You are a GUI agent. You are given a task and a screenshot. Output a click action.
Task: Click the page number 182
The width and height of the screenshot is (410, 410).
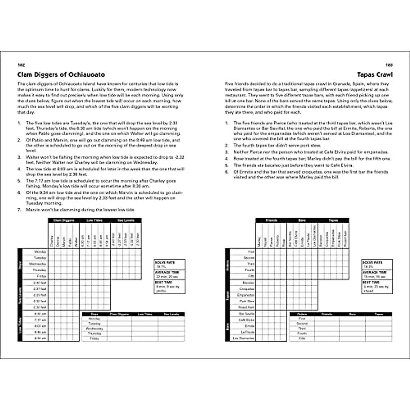[x=21, y=65]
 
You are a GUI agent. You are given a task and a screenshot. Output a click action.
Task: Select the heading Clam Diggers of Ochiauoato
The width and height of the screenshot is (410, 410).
[x=61, y=74]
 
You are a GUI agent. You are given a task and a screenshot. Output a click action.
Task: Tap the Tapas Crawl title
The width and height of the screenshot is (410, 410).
[x=375, y=74]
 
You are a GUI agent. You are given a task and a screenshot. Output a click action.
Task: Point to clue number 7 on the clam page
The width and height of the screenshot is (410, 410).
[x=19, y=210]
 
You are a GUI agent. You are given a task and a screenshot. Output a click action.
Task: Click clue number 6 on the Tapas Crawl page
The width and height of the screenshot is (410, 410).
[x=227, y=172]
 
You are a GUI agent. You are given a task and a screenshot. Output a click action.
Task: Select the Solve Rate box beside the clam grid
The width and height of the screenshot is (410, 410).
[x=170, y=264]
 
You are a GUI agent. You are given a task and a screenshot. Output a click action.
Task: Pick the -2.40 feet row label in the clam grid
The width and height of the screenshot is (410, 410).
[x=40, y=283]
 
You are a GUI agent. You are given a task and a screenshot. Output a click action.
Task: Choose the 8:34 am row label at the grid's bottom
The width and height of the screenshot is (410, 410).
[x=41, y=338]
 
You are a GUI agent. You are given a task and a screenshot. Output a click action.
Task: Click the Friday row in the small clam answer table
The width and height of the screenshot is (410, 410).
[x=95, y=338]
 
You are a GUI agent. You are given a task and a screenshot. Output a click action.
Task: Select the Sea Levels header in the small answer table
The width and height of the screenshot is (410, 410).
[x=171, y=314]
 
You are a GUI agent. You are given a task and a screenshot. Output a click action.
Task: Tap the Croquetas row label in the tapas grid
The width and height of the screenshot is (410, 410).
[x=247, y=289]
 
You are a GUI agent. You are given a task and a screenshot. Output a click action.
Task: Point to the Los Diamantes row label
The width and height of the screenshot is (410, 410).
[x=244, y=338]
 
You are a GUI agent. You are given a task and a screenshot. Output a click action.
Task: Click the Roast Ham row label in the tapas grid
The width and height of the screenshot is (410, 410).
[x=246, y=307]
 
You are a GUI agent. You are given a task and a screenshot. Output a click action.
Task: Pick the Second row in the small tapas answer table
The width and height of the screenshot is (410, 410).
[x=302, y=323]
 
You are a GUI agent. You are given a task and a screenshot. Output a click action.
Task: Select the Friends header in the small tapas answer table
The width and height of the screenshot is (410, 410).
[x=327, y=314]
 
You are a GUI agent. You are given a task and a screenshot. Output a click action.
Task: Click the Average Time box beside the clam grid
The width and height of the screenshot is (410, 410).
[x=170, y=274]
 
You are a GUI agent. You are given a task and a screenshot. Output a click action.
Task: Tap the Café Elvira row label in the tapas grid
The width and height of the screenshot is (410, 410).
[x=246, y=320]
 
